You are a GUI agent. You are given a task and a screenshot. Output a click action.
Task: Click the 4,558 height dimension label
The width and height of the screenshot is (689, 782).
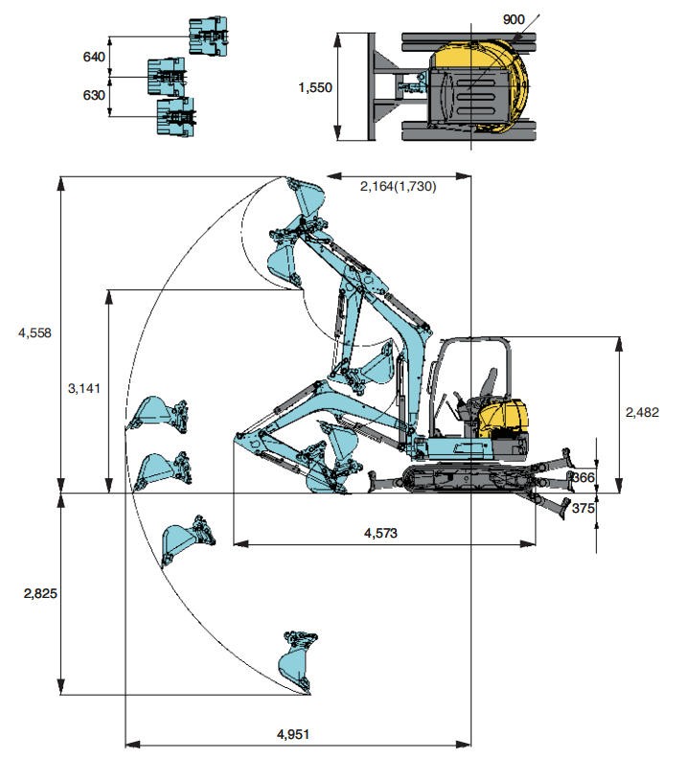pyautogui.click(x=34, y=333)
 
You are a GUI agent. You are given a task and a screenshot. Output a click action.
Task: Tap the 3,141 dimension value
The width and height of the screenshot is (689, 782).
pyautogui.click(x=83, y=388)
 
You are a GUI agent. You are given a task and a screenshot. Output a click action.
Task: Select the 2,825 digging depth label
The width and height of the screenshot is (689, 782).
pyautogui.click(x=40, y=593)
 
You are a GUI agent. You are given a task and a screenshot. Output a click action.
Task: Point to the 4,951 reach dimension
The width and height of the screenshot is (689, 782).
pyautogui.click(x=293, y=734)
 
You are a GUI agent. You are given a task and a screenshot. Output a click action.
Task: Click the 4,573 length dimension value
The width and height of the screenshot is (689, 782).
pyautogui.click(x=381, y=533)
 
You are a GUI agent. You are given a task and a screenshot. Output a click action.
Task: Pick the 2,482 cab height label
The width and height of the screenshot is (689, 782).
pyautogui.click(x=643, y=412)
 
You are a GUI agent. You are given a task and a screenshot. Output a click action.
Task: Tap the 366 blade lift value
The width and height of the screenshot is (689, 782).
pyautogui.click(x=583, y=476)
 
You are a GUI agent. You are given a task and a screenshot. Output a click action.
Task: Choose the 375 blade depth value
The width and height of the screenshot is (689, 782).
pyautogui.click(x=583, y=509)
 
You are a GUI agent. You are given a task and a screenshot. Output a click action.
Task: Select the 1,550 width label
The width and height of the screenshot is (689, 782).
pyautogui.click(x=314, y=87)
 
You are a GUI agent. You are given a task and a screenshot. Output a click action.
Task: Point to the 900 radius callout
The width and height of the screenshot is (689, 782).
pyautogui.click(x=486, y=20)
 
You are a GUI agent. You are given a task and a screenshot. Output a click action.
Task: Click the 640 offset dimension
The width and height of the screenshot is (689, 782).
pyautogui.click(x=94, y=57)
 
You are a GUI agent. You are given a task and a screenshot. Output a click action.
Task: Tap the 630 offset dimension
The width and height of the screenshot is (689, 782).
pyautogui.click(x=94, y=95)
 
